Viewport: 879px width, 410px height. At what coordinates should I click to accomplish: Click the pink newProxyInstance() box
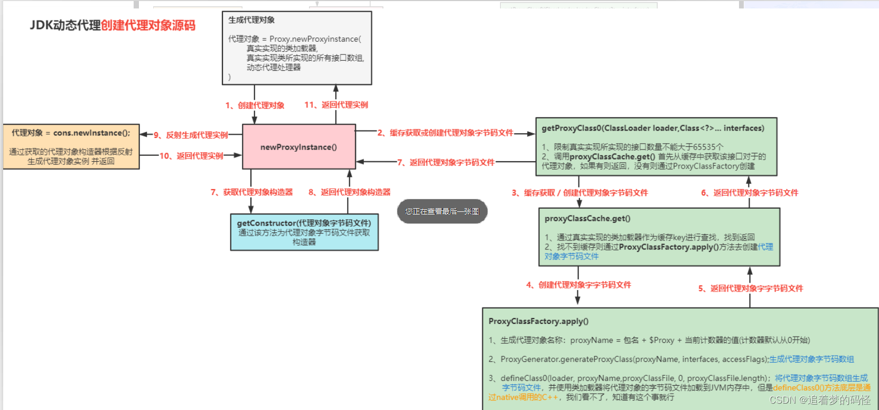coord(298,147)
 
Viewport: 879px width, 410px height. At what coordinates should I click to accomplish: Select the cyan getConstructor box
coord(304,232)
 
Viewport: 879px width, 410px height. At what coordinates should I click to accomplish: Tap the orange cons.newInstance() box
coord(71,146)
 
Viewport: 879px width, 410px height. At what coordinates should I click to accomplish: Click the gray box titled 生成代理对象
coord(296,48)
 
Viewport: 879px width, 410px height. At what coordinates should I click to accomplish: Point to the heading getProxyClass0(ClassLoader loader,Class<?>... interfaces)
coord(652,128)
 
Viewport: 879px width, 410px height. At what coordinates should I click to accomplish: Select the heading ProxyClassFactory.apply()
coord(538,321)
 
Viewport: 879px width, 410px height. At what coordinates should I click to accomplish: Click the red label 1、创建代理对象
coord(255,105)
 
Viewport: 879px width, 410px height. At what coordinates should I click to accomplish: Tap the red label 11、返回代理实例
coord(336,105)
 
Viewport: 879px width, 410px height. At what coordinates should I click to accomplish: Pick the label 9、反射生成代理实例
coord(191,135)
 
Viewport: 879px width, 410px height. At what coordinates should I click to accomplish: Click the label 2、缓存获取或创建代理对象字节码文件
coord(445,133)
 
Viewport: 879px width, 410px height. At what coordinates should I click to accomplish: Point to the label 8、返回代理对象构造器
coord(349,192)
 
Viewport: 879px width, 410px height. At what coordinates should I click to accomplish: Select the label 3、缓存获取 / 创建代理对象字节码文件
coord(579,193)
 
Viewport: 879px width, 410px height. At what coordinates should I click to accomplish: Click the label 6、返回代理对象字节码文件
coord(749,193)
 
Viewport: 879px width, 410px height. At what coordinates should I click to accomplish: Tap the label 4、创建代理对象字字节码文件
coord(578,285)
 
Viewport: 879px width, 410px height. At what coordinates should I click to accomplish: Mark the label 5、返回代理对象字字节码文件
coord(750,288)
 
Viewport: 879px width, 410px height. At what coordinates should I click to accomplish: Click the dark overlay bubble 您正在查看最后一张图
coord(442,211)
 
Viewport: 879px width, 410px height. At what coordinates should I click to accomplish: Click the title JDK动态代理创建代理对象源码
coord(113,25)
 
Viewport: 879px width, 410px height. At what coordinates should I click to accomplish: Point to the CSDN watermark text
coord(819,400)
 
